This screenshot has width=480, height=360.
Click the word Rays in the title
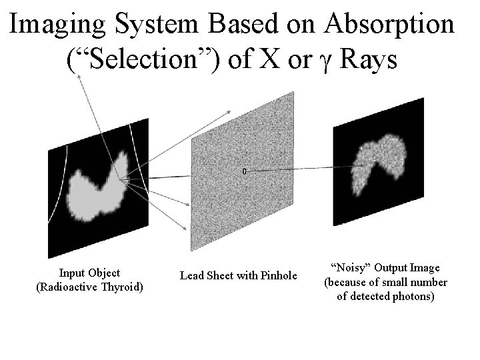coord(367,60)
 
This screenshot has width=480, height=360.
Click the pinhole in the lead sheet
coord(244,172)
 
